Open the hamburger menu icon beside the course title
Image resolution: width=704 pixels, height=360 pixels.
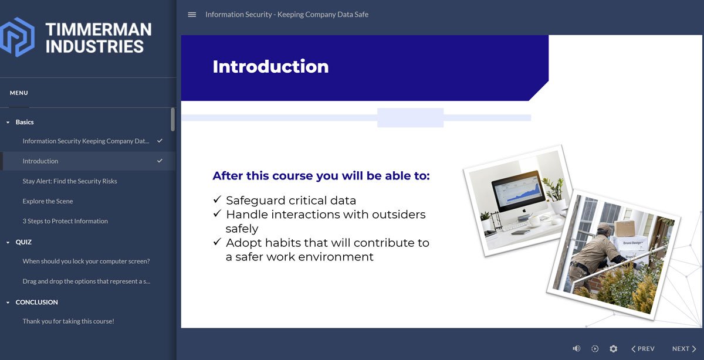(x=192, y=15)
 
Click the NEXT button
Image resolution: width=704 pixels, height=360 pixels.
(x=684, y=349)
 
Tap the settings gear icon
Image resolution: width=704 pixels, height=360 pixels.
(x=613, y=349)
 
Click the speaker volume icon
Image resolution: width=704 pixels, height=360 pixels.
(x=577, y=349)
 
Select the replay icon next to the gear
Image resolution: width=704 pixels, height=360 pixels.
(x=595, y=349)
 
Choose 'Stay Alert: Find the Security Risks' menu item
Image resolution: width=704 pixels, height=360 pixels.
(x=70, y=181)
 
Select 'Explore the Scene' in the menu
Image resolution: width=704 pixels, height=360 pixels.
(x=48, y=201)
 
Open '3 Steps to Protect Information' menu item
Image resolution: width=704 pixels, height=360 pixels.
(x=65, y=221)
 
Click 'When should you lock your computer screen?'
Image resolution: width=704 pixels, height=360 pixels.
(x=86, y=261)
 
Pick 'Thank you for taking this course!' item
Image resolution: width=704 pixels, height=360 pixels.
(x=68, y=321)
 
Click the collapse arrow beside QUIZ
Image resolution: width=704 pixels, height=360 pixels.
(x=8, y=242)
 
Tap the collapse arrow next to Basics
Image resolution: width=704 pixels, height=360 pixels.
(x=8, y=123)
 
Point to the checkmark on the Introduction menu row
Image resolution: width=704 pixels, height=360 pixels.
(x=160, y=161)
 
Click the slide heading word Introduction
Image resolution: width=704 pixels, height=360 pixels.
(x=270, y=66)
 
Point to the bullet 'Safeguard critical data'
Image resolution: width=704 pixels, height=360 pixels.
(x=290, y=201)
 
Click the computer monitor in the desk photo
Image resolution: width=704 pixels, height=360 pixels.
(x=516, y=191)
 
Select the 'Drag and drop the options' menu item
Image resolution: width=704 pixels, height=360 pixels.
(x=86, y=281)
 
